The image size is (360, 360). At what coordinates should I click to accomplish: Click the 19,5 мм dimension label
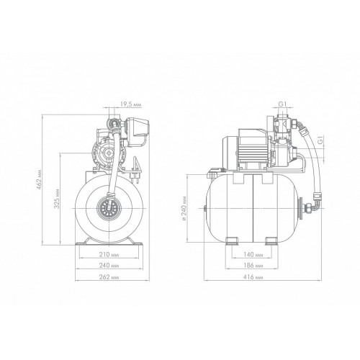pyautogui.click(x=130, y=104)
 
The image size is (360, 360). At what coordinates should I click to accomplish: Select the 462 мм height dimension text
pyautogui.click(x=39, y=180)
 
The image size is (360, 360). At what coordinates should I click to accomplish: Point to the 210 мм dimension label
pyautogui.click(x=109, y=254)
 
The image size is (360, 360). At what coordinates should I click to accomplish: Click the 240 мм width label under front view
pyautogui.click(x=109, y=266)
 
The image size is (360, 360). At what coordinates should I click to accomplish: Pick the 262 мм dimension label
pyautogui.click(x=109, y=277)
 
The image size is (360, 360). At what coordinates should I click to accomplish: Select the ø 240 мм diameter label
pyautogui.click(x=184, y=208)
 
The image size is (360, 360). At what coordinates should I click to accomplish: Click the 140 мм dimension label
pyautogui.click(x=253, y=254)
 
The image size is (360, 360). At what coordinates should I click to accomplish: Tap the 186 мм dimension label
pyautogui.click(x=253, y=266)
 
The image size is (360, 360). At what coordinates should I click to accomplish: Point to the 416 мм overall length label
pyautogui.click(x=253, y=277)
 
